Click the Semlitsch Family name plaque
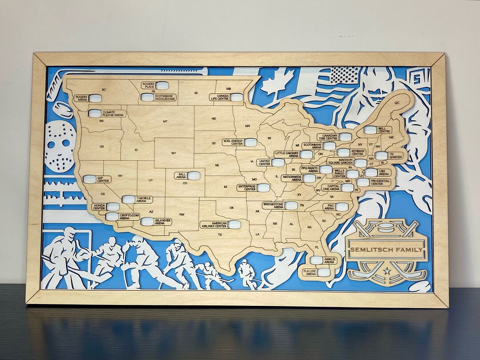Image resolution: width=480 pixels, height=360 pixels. tap(386, 250)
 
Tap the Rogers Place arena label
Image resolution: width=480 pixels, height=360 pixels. tap(148, 85)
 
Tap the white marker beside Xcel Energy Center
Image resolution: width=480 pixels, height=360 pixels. tap(250, 142)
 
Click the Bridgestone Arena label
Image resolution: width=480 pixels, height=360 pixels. tap(273, 206)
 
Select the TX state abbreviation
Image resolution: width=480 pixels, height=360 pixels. tap(220, 234)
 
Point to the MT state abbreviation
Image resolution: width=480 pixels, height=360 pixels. tap(165, 121)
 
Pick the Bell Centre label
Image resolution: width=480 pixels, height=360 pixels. tap(384, 130)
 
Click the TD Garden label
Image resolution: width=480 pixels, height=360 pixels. tap(395, 156)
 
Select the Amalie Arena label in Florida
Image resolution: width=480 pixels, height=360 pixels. tap(330, 260)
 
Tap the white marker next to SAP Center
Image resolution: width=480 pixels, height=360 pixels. tap(89, 179)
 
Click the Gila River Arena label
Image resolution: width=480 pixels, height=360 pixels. tap(163, 221)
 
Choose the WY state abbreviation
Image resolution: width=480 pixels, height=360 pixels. tap(174, 153)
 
